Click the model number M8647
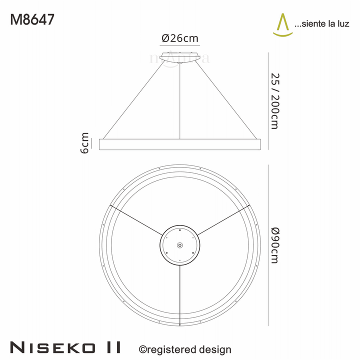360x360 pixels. coord(32,19)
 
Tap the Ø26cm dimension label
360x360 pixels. coord(180,38)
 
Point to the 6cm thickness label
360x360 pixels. coord(84,143)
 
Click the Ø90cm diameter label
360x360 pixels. coord(274,245)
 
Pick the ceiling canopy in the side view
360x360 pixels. coord(180,56)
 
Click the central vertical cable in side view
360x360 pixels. coord(180,100)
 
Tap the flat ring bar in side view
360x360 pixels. coord(180,144)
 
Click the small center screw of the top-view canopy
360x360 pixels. coord(180,245)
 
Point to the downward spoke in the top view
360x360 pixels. coord(180,295)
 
